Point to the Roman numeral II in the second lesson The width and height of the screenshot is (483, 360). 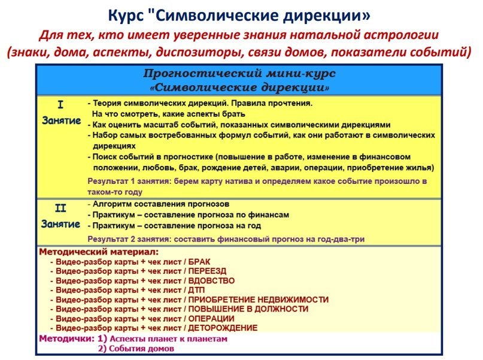(x=60, y=209)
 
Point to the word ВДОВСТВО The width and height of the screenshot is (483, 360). (x=211, y=280)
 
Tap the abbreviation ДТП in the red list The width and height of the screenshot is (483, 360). (x=197, y=290)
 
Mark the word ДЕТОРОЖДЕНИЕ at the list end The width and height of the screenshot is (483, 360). (x=223, y=328)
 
